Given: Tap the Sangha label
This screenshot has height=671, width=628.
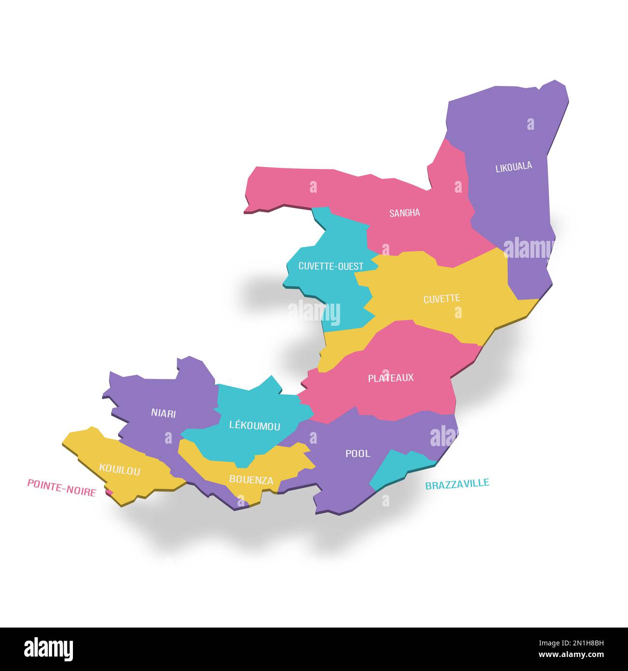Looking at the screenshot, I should pos(405,213).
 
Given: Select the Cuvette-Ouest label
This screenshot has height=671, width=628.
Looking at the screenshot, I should pos(331,266).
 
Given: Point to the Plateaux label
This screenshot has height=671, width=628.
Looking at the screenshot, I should pos(391,377).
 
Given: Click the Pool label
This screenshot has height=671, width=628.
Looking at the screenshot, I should pos(358,453).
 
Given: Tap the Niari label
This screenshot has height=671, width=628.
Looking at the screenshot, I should pos(163,413).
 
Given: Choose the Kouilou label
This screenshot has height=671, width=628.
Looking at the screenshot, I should pos(119,469).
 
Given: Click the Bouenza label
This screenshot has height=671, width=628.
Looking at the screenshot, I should pos(251,480).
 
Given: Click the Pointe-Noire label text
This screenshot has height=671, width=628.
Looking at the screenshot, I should pos(61,487).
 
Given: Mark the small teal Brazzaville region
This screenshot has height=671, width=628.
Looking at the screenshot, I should pos(396,466).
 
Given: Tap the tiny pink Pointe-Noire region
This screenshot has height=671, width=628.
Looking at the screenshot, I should pos(110,492).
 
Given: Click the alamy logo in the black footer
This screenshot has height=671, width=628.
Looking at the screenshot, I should pos(49,649).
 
